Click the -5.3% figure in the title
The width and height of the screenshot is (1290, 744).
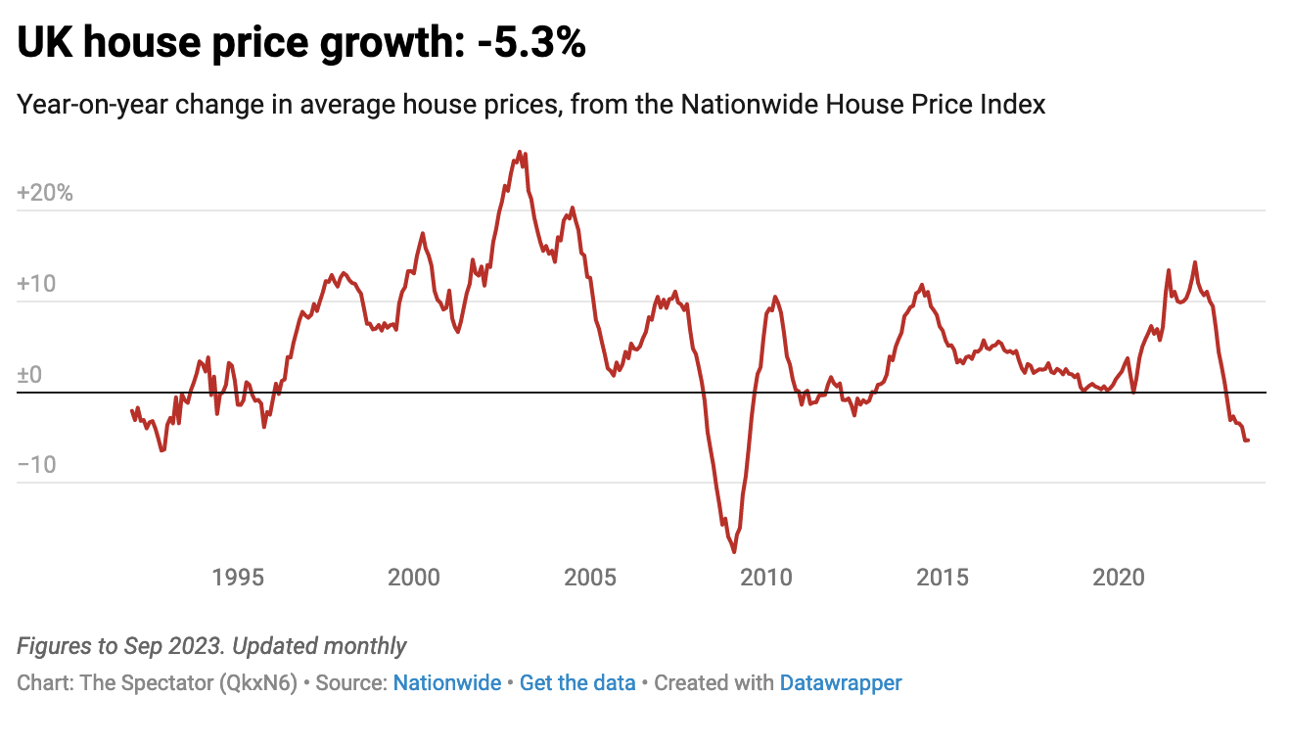[x=530, y=44]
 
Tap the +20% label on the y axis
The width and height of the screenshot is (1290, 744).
[x=45, y=193]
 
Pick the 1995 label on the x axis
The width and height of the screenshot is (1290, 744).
[x=238, y=578]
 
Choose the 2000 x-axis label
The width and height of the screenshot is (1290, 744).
[x=414, y=578]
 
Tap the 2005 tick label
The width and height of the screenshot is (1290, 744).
[x=590, y=578]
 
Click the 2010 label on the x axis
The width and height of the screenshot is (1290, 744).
[x=766, y=578]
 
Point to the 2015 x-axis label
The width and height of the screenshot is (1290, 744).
[x=943, y=578]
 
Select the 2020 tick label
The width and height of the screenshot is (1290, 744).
[x=1119, y=578]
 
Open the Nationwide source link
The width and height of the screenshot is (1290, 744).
[x=447, y=683]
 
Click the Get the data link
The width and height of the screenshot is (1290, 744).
[x=577, y=683]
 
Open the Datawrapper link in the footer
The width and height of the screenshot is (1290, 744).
[x=841, y=683]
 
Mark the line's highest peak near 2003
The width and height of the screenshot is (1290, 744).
[x=520, y=153]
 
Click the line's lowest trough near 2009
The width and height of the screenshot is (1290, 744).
[x=734, y=551]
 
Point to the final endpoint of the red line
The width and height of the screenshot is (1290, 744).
[x=1248, y=441]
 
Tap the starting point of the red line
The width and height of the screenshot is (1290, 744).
[x=132, y=410]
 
